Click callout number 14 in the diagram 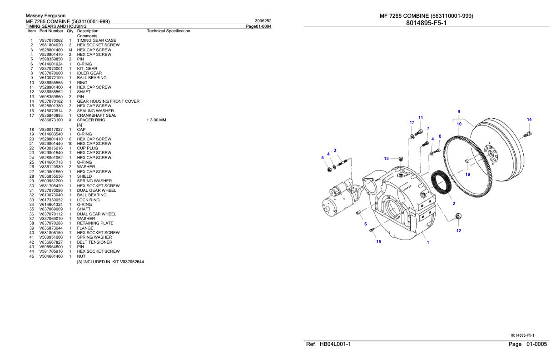[529, 120]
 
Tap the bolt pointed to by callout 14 [527, 134]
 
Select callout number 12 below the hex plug [459, 231]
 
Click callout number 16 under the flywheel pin [467, 174]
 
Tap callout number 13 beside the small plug [386, 159]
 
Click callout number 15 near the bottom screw [378, 241]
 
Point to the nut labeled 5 [328, 170]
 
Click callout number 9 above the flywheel [459, 112]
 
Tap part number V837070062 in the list [51, 40]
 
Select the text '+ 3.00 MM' [156, 120]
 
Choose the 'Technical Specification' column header [169, 31]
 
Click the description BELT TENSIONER [94, 242]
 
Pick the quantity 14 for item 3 [70, 50]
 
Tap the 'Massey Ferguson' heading [45, 16]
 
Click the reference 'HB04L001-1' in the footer [334, 345]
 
